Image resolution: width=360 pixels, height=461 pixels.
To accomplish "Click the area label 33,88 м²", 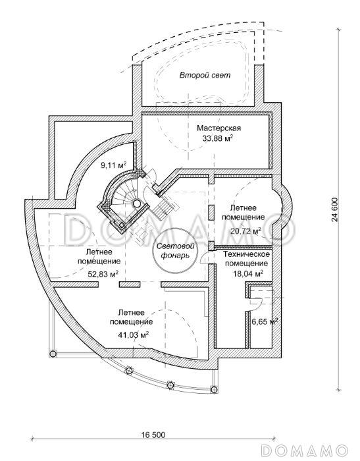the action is click(218, 138).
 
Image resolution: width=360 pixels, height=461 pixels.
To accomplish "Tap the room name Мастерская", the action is click(219, 128).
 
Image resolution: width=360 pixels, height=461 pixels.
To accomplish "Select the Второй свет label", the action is click(205, 75).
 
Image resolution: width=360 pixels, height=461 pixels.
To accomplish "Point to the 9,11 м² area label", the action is click(113, 165).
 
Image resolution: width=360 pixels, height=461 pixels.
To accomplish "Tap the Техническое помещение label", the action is click(246, 258).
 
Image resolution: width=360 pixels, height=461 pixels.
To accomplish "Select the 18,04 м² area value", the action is click(248, 274).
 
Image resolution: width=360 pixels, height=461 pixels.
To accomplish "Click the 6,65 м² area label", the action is click(265, 321).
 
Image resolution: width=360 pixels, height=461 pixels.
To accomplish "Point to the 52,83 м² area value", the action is click(103, 275).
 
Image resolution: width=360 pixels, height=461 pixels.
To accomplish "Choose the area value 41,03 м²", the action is click(132, 335).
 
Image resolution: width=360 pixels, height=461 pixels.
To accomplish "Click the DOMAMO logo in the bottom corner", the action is click(305, 450).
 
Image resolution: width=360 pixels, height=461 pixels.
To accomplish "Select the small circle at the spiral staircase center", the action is click(136, 203).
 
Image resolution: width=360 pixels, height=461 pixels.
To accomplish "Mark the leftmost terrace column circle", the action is click(53, 353).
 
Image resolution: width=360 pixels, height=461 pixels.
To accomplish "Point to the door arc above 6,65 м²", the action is click(257, 303).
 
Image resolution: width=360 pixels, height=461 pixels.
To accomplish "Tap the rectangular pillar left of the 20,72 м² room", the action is click(211, 213).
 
